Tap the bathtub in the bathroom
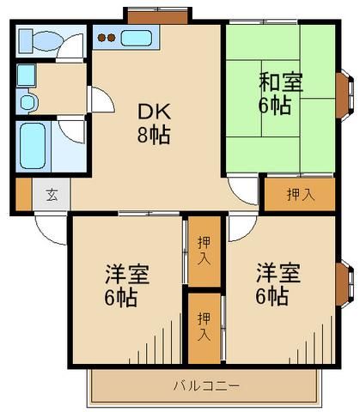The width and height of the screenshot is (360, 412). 34,146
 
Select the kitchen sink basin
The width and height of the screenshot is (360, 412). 137,38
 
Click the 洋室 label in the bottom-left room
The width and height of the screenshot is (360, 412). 128,276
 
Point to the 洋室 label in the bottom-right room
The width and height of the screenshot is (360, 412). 278,275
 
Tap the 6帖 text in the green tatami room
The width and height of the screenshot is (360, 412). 275,106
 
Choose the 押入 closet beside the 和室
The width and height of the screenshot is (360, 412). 299,194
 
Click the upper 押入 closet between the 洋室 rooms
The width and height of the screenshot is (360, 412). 203,250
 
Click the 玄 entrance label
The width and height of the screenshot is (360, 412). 51,193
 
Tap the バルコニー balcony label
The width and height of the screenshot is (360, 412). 206,385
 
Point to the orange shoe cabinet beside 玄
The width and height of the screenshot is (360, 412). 23,193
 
